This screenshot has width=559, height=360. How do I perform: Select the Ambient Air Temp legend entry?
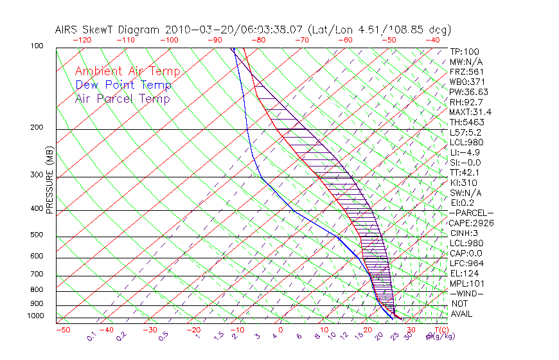coord(127,71)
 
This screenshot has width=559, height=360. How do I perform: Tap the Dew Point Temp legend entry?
coord(123,85)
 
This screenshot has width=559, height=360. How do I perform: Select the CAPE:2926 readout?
coord(471,223)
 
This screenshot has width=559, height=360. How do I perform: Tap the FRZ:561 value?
coord(466,72)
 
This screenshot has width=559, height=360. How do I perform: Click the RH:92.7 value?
coord(466,102)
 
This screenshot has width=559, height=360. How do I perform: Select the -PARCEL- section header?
coord(471,213)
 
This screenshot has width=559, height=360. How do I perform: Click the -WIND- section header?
coord(466,293)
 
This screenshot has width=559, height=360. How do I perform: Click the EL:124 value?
coord(464,273)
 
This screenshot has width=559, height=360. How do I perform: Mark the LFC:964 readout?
coord(466,264)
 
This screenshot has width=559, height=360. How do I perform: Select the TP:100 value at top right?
coord(465,52)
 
